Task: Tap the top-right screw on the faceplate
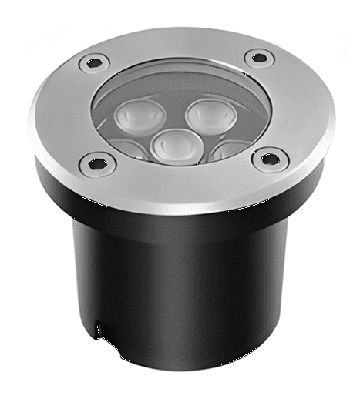(x=259, y=57)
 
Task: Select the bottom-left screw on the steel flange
(x=97, y=162)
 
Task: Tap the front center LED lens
(x=175, y=144)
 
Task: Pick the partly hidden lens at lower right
(x=229, y=149)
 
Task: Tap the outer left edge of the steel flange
(x=35, y=123)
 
